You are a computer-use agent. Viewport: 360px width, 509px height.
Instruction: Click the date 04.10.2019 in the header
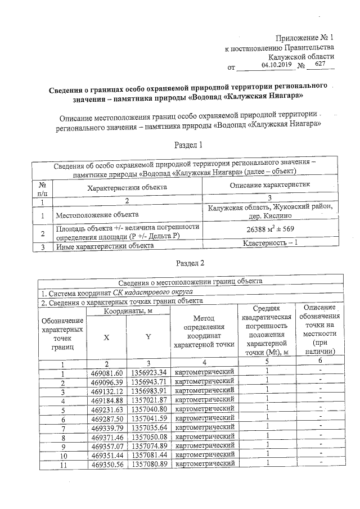click(278, 65)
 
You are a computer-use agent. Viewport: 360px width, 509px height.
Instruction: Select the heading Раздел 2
click(188, 263)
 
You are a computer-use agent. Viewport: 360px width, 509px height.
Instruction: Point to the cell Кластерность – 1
click(270, 244)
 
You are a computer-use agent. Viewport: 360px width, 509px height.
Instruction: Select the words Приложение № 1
click(304, 38)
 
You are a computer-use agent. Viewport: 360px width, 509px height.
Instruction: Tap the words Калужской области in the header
click(301, 57)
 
